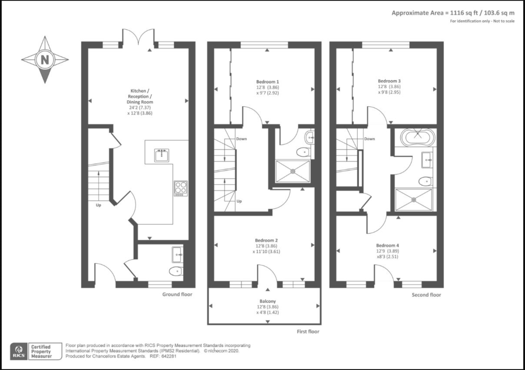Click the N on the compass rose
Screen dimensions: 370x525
point(45,60)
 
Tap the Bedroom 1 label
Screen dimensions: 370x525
point(267,82)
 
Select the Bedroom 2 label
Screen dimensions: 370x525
point(266,240)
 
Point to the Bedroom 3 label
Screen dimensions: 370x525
point(389,81)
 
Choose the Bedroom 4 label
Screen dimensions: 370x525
point(388,245)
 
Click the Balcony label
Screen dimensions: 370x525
point(268,301)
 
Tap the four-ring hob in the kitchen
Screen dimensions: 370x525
point(181,189)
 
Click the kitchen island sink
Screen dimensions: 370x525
point(162,155)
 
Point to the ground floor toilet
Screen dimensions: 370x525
point(176,271)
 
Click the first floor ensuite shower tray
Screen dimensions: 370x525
point(293,171)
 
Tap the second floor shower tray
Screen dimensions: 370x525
point(414,199)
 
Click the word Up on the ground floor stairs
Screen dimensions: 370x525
point(98,205)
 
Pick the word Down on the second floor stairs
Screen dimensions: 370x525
point(369,139)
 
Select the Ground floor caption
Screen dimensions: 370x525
point(177,294)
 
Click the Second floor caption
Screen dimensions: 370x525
point(426,295)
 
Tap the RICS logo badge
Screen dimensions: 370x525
point(19,351)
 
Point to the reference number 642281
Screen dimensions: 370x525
point(170,356)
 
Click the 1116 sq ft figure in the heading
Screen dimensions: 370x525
point(462,13)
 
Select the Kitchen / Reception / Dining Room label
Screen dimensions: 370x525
point(140,96)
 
